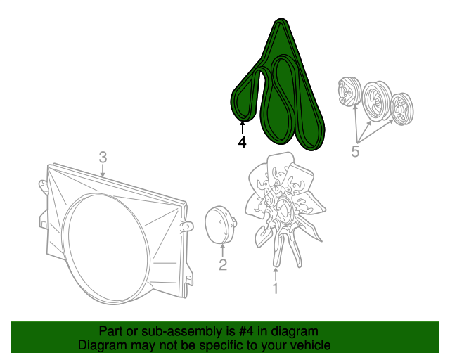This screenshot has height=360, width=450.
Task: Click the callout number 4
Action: pyautogui.click(x=242, y=143)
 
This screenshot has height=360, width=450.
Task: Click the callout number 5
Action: pyautogui.click(x=355, y=151)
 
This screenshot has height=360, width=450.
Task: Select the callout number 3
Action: pyautogui.click(x=103, y=157)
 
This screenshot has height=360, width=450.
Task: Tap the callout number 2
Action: pyautogui.click(x=223, y=264)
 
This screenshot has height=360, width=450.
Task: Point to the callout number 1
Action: pyautogui.click(x=275, y=288)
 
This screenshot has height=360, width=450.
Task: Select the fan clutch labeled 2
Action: pyautogui.click(x=220, y=225)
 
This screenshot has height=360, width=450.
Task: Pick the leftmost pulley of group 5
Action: pyautogui.click(x=349, y=91)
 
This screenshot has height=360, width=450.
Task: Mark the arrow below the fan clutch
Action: pyautogui.click(x=223, y=250)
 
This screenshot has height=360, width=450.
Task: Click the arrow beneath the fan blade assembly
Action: pyautogui.click(x=276, y=274)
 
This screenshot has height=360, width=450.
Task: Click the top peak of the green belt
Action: pyautogui.click(x=281, y=19)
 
